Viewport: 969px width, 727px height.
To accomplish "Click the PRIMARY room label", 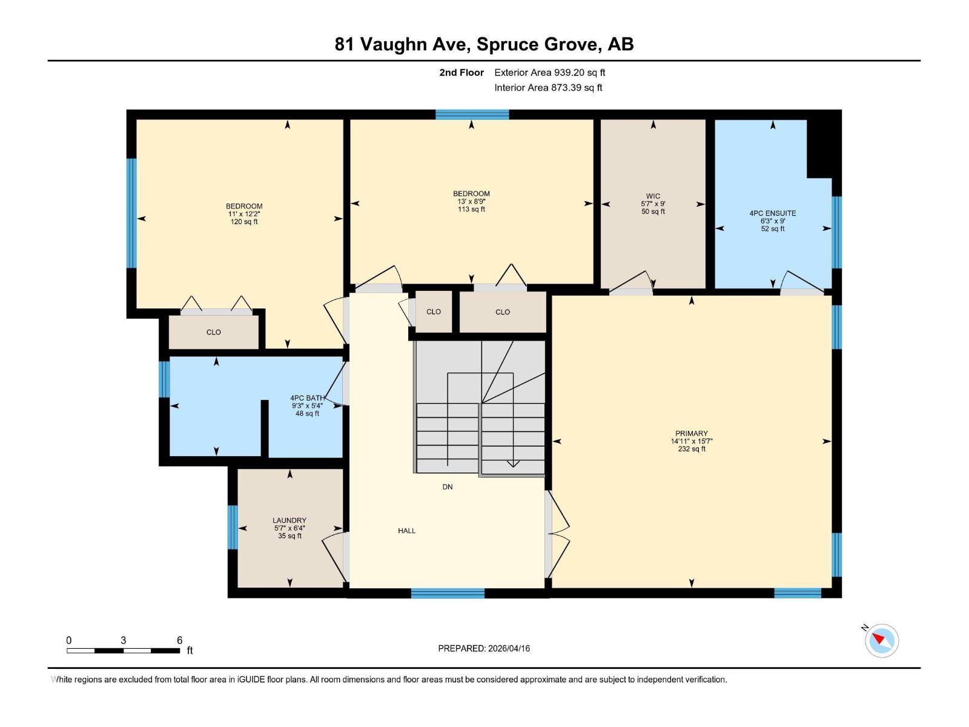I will (x=691, y=433).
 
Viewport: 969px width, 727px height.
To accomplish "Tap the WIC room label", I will (x=653, y=196).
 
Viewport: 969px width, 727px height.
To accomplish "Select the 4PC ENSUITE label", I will (x=772, y=213).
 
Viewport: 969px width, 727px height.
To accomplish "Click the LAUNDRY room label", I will (x=289, y=520).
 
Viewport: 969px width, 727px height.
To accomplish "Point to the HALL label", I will (x=406, y=531).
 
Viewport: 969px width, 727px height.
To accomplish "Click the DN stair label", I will (x=448, y=486).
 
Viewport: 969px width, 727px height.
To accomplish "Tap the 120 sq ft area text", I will (x=244, y=222).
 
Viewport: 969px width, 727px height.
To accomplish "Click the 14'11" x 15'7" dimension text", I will (x=691, y=441).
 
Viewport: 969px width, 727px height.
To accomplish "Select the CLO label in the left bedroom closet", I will (x=213, y=332).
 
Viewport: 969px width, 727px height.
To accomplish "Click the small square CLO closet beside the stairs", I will (x=434, y=312).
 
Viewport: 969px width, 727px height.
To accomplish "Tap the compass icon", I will (x=881, y=640).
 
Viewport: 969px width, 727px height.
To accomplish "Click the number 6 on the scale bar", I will (x=179, y=640).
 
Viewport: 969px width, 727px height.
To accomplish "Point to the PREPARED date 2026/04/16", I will (x=484, y=648).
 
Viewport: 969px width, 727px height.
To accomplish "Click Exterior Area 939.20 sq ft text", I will (x=549, y=72).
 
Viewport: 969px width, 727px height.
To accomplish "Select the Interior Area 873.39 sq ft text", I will (x=548, y=87).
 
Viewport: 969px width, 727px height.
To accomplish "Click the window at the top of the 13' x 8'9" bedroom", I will (x=472, y=115).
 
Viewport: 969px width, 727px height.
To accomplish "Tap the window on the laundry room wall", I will (x=233, y=527).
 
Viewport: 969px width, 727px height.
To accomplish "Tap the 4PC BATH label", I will (x=307, y=398).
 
